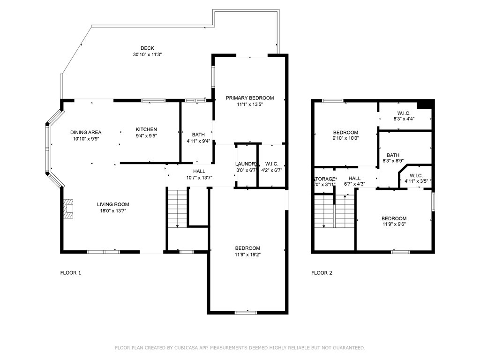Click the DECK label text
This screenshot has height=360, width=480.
pyautogui.click(x=147, y=48)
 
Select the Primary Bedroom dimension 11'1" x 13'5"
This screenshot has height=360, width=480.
pyautogui.click(x=249, y=105)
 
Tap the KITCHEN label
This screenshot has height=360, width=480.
pyautogui.click(x=146, y=129)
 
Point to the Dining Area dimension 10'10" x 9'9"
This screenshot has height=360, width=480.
pyautogui.click(x=86, y=139)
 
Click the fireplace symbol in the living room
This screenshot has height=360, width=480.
pyautogui.click(x=68, y=209)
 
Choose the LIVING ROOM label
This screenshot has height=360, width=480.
pyautogui.click(x=113, y=204)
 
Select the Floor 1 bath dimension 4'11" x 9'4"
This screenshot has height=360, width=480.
pyautogui.click(x=195, y=141)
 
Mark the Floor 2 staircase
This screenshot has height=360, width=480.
pyautogui.click(x=333, y=211)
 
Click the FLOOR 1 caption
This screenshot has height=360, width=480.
pyautogui.click(x=71, y=273)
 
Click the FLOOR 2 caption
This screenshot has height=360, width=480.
pyautogui.click(x=322, y=273)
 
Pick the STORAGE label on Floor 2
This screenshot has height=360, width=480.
pyautogui.click(x=324, y=179)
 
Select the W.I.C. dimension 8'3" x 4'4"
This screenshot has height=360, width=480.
pyautogui.click(x=403, y=119)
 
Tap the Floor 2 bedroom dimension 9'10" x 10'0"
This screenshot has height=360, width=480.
pyautogui.click(x=345, y=139)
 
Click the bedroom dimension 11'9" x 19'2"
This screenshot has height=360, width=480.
pyautogui.click(x=247, y=255)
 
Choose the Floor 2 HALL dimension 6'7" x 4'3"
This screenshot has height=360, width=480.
pyautogui.click(x=354, y=184)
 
